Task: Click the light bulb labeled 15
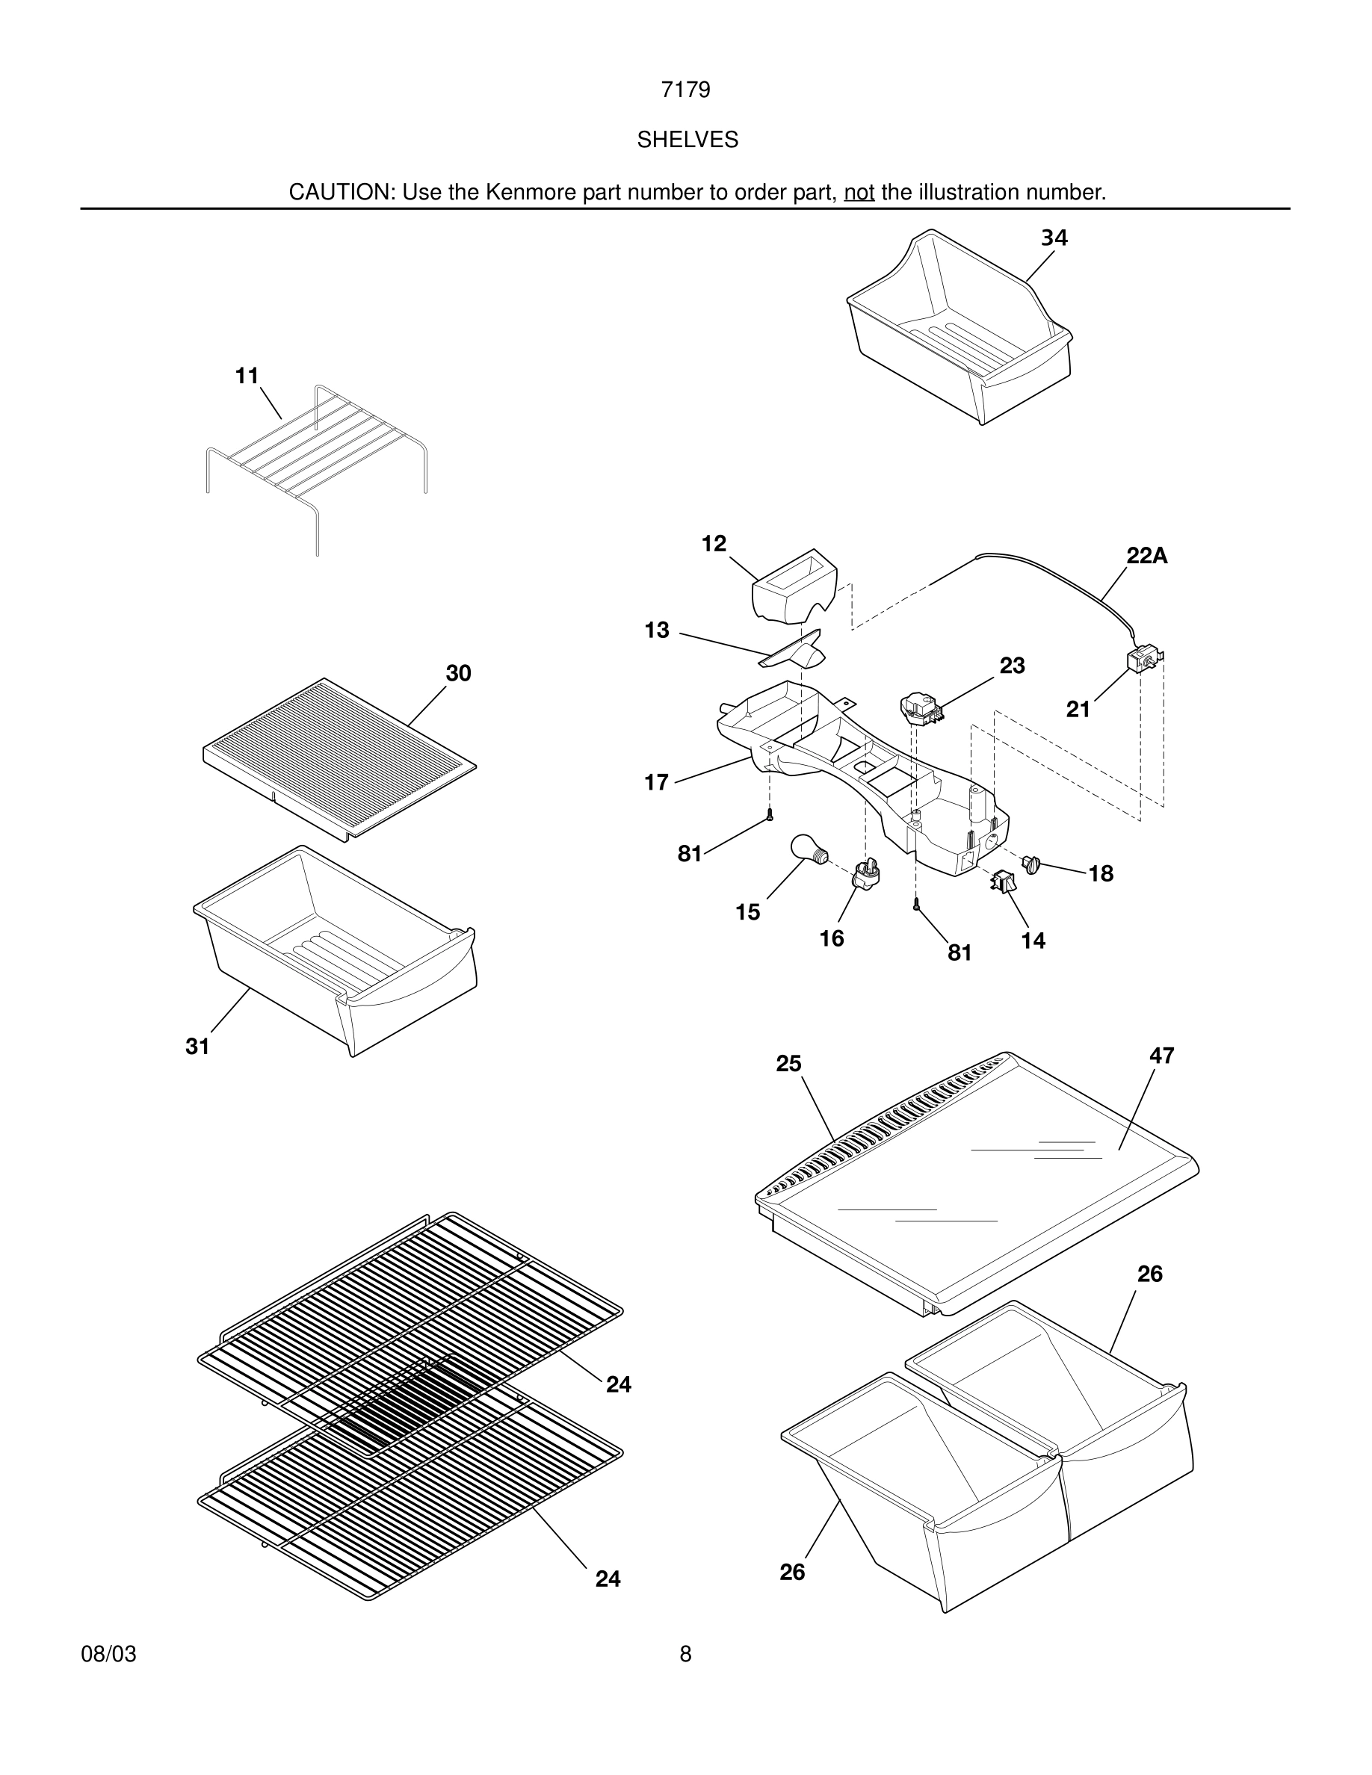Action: tap(808, 850)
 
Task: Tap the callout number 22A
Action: tap(1146, 556)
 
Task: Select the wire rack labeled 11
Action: tap(317, 455)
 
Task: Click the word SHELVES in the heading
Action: tap(687, 140)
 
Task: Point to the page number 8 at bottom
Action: tap(685, 1654)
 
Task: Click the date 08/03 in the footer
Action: tap(108, 1654)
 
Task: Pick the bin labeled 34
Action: tap(959, 329)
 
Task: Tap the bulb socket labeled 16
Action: tap(866, 875)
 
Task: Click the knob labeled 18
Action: tap(1033, 864)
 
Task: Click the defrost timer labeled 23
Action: tap(921, 706)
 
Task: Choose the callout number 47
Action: tap(1161, 1056)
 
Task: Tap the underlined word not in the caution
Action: tap(859, 193)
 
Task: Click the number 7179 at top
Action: tap(685, 90)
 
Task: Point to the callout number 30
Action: tap(458, 673)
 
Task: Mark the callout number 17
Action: tap(656, 782)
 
